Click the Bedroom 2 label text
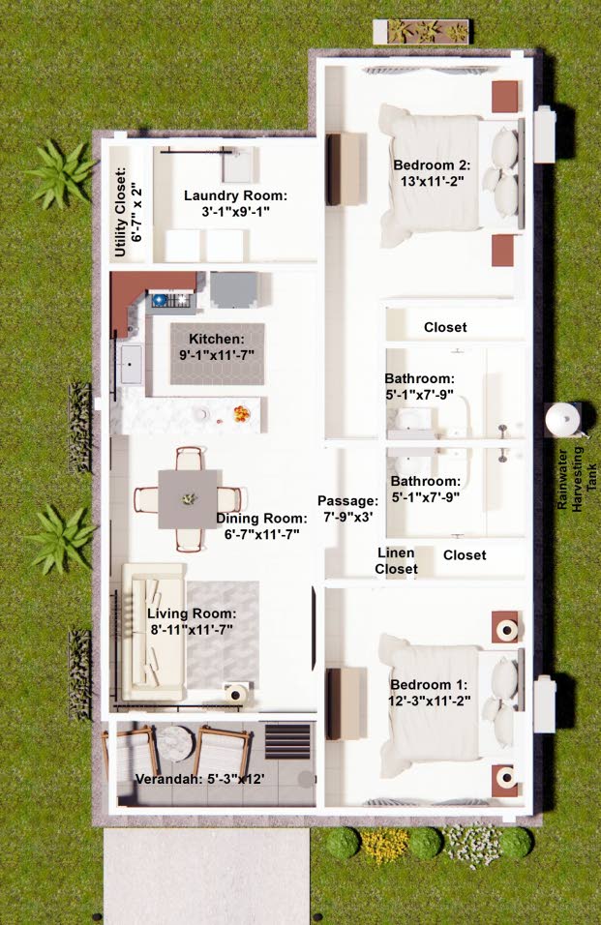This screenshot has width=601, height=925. point(432,173)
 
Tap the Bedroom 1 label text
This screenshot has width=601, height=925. point(429,693)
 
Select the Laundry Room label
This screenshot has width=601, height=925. point(235,203)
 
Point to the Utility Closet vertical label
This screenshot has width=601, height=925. point(129,212)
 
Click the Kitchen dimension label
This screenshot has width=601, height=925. point(217,346)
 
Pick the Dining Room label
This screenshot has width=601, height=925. point(261,526)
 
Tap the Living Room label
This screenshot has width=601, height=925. point(192,621)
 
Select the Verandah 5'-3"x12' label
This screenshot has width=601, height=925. point(199,779)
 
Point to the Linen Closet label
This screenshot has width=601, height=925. point(397,560)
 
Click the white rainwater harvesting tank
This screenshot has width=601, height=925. point(562,419)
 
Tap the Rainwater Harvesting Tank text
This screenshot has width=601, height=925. point(578,478)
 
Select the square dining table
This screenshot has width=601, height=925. point(188,499)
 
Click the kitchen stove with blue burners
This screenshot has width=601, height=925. point(171,301)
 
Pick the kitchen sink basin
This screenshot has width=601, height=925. point(131,364)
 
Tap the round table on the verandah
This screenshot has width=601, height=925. point(176,743)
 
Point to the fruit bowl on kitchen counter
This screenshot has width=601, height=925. point(241,414)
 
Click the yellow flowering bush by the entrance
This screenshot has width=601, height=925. point(384,845)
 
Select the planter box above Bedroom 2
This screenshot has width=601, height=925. point(421,31)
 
